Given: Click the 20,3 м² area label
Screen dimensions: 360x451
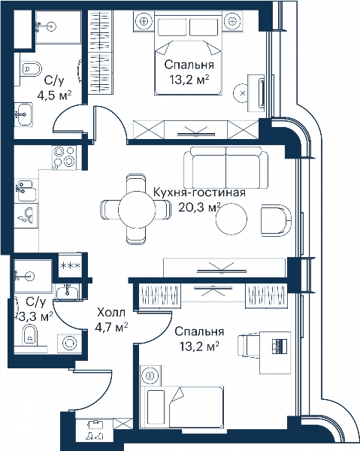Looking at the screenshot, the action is pyautogui.click(x=199, y=207).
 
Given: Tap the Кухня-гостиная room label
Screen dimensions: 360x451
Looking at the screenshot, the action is pyautogui.click(x=199, y=192).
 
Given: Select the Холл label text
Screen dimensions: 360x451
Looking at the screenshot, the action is pyautogui.click(x=111, y=313).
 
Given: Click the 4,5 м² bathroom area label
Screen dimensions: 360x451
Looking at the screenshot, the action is pyautogui.click(x=54, y=95).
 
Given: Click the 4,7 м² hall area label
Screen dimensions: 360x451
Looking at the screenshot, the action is pyautogui.click(x=111, y=327).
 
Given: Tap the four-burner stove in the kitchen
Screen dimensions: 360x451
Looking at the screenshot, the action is pyautogui.click(x=65, y=157).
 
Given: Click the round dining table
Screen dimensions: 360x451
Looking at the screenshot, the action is pyautogui.click(x=137, y=210).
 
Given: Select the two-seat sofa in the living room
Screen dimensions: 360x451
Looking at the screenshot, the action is pyautogui.click(x=225, y=168).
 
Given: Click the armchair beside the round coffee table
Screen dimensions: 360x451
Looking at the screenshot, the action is pyautogui.click(x=276, y=220).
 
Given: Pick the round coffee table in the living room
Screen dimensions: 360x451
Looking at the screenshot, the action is pyautogui.click(x=231, y=219).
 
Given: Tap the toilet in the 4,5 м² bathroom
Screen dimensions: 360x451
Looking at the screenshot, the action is pyautogui.click(x=31, y=69).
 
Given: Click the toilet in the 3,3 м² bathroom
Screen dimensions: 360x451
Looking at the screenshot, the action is pyautogui.click(x=30, y=334).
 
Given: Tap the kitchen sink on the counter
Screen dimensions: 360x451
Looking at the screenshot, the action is pyautogui.click(x=26, y=190).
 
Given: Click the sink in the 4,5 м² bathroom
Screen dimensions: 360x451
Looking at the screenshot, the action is pyautogui.click(x=23, y=114).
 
